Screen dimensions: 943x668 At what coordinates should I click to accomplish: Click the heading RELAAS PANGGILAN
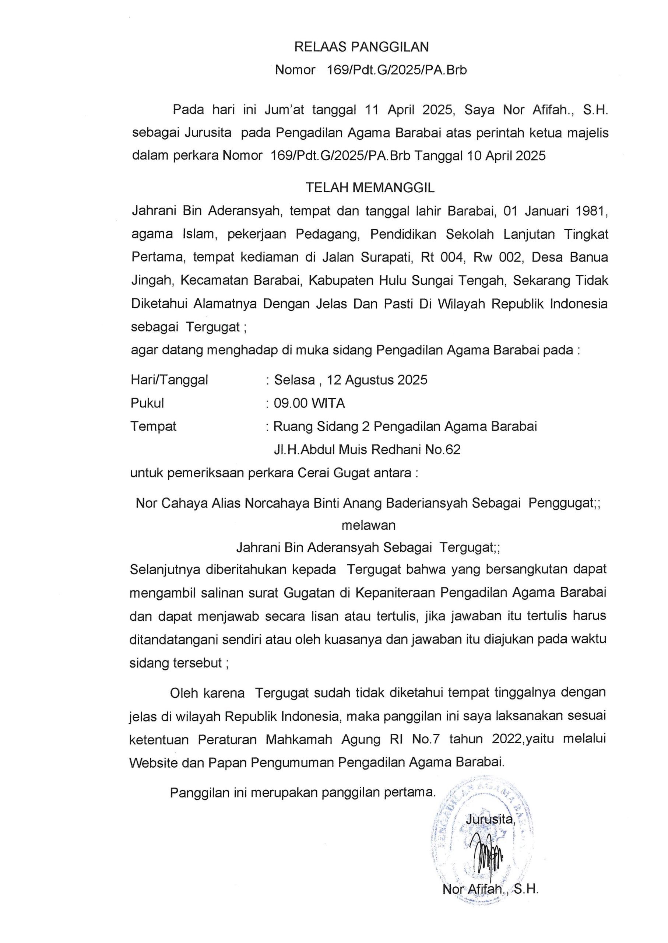click(361, 47)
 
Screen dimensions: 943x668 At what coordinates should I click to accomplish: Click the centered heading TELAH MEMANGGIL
click(370, 188)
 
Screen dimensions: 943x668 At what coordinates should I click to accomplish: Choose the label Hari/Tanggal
click(169, 379)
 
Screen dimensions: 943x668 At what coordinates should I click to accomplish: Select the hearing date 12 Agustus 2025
click(377, 379)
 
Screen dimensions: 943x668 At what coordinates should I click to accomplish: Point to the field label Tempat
click(153, 426)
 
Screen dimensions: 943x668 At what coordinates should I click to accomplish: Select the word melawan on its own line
click(369, 525)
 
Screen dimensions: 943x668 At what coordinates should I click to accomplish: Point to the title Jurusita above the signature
click(489, 819)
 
